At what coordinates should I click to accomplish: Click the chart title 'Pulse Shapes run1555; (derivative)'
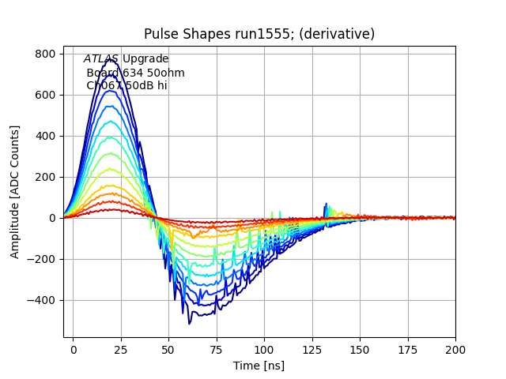tap(259, 34)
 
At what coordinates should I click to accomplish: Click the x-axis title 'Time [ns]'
tap(259, 366)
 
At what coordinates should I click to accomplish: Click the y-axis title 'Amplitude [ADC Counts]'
tap(15, 192)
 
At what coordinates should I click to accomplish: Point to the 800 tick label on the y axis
tap(44, 54)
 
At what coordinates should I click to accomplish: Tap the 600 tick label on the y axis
tap(44, 95)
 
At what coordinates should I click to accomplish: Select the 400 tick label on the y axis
tap(44, 136)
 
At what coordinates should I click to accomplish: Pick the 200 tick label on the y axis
tap(44, 177)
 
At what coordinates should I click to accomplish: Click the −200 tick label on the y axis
tap(41, 259)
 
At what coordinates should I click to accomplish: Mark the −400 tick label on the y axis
tap(41, 300)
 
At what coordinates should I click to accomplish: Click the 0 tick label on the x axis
tap(74, 348)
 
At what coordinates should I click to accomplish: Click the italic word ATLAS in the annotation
tap(101, 59)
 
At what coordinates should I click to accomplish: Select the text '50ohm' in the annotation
tap(168, 73)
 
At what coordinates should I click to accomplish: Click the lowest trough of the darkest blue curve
tap(190, 324)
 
